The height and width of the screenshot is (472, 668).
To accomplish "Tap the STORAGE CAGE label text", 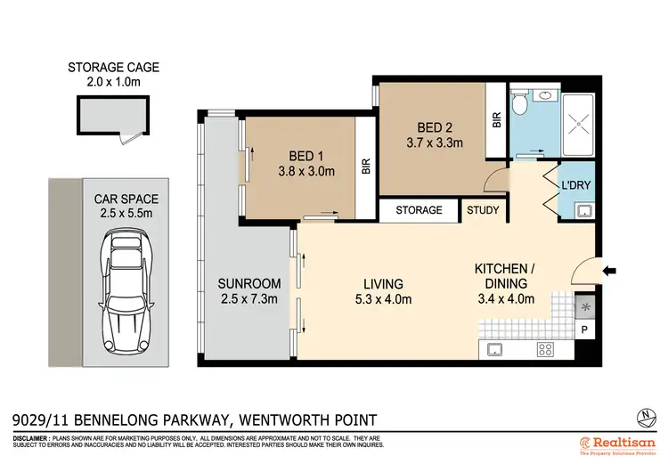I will (x=105, y=67).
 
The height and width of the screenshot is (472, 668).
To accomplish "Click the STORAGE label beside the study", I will (x=419, y=210).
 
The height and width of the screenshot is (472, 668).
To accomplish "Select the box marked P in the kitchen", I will (x=584, y=330).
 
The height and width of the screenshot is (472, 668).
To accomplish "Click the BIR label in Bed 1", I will (x=366, y=166).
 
